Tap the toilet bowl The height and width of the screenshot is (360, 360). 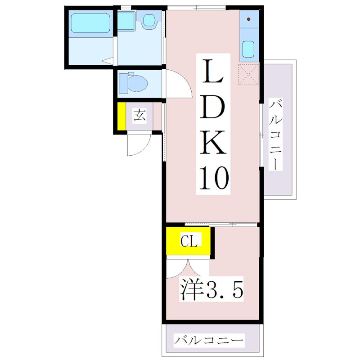(134, 83)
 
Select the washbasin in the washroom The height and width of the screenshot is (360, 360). (148, 21)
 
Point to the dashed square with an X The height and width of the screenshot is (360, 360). (248, 75)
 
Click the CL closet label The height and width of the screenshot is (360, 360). (189, 242)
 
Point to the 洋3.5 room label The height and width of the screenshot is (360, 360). (211, 291)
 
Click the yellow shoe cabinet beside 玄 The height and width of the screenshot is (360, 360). (121, 117)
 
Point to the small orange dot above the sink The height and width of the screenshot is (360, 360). (249, 20)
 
